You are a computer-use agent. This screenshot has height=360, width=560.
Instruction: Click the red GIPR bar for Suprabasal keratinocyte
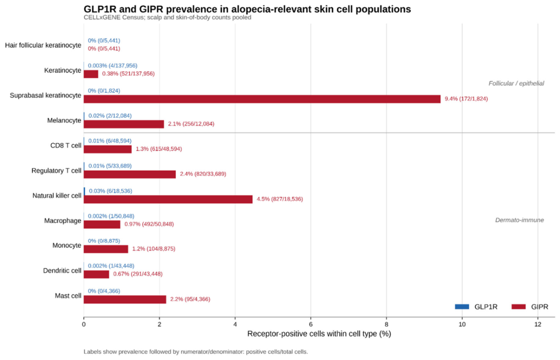click(x=262, y=99)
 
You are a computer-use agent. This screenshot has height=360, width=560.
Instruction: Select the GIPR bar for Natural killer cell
click(x=168, y=199)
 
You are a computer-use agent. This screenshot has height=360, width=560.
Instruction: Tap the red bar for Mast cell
click(x=125, y=299)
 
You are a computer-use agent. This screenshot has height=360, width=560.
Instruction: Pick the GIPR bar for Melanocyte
click(x=124, y=124)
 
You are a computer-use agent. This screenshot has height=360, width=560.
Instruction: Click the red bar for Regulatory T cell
click(x=130, y=175)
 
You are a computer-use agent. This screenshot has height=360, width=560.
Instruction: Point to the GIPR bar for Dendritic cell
click(x=96, y=275)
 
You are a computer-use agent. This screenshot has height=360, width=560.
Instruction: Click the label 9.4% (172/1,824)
click(x=466, y=99)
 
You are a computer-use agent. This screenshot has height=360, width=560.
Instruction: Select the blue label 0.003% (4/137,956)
click(x=113, y=66)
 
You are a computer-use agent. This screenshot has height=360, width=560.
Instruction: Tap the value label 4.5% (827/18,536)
click(x=280, y=199)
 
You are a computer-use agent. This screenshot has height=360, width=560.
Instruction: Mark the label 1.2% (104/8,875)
click(x=154, y=249)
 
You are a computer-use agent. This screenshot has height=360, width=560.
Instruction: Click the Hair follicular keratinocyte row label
click(x=43, y=45)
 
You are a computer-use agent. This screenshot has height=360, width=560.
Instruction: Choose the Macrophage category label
click(x=63, y=221)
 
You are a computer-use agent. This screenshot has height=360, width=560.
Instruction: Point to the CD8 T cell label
click(x=66, y=145)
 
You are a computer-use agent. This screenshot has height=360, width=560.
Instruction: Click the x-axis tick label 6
click(x=311, y=324)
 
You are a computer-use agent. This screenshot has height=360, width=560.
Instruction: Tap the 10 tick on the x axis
click(x=462, y=324)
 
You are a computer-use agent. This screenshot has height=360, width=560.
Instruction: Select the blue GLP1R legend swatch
click(x=462, y=307)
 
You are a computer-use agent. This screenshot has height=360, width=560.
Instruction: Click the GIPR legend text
click(x=540, y=307)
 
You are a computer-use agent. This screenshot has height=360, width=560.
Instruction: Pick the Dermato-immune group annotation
click(x=519, y=220)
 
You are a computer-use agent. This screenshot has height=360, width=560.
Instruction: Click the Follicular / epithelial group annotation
click(x=516, y=83)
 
